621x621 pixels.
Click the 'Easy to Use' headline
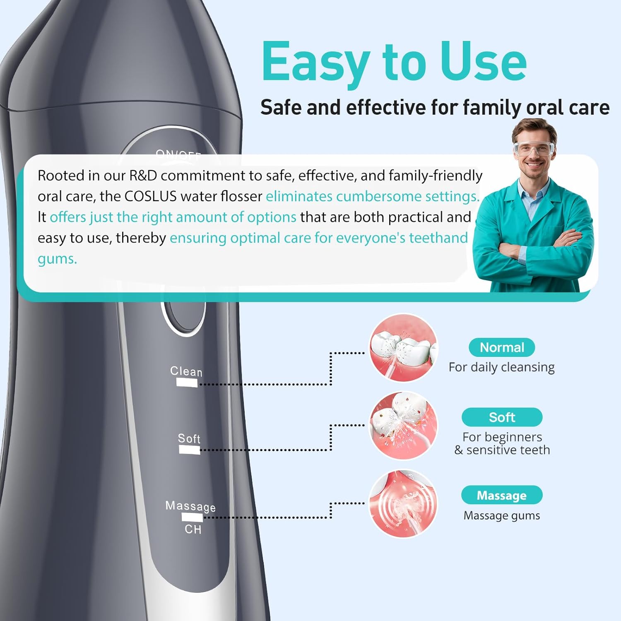(394, 62)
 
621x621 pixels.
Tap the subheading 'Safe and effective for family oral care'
(435, 108)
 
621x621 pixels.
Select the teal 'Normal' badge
(502, 347)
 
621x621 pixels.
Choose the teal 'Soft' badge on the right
(502, 417)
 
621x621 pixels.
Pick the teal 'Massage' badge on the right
(502, 495)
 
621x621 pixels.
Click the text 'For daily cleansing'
(502, 367)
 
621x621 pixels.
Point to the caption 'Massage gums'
(502, 515)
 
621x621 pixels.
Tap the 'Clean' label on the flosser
(186, 371)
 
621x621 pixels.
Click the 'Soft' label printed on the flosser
(189, 438)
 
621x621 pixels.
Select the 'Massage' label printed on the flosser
(190, 506)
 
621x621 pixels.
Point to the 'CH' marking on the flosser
(193, 530)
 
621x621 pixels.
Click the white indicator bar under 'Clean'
(187, 383)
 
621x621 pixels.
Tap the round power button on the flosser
(183, 315)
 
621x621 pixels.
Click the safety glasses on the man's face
(534, 149)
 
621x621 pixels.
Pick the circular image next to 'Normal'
(403, 348)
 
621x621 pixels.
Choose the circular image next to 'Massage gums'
(403, 503)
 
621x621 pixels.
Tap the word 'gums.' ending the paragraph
(57, 259)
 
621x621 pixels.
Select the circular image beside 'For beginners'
(403, 426)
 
